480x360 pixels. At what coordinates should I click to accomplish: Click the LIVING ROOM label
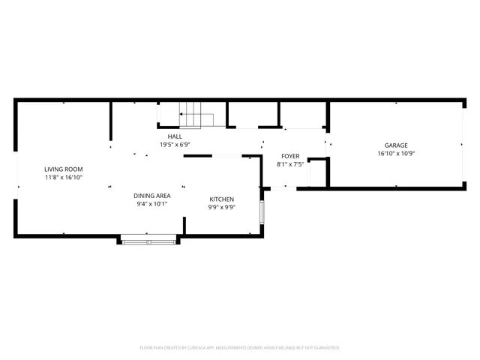coord(63,169)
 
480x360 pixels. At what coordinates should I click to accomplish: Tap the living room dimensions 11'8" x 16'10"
coord(63,178)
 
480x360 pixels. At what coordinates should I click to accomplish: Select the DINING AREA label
coord(151,195)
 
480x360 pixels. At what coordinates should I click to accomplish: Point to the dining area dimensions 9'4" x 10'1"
coord(151,203)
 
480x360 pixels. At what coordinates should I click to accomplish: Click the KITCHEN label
coord(221,199)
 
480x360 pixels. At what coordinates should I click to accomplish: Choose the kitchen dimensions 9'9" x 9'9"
coord(221,208)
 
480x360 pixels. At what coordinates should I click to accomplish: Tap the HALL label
coord(175,136)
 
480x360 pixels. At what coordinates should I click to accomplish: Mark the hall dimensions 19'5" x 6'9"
coord(175,145)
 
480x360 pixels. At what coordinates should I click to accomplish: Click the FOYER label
coord(290,156)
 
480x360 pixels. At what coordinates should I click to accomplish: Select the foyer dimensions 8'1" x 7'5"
coord(290,164)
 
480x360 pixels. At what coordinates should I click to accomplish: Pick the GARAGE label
coord(396,145)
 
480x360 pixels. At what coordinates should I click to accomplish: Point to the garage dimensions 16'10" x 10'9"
coord(396,154)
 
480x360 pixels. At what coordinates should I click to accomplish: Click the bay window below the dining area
coord(148,241)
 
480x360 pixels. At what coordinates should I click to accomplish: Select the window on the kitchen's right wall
coord(261,212)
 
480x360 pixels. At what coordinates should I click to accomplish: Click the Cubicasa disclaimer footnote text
coord(240,348)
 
